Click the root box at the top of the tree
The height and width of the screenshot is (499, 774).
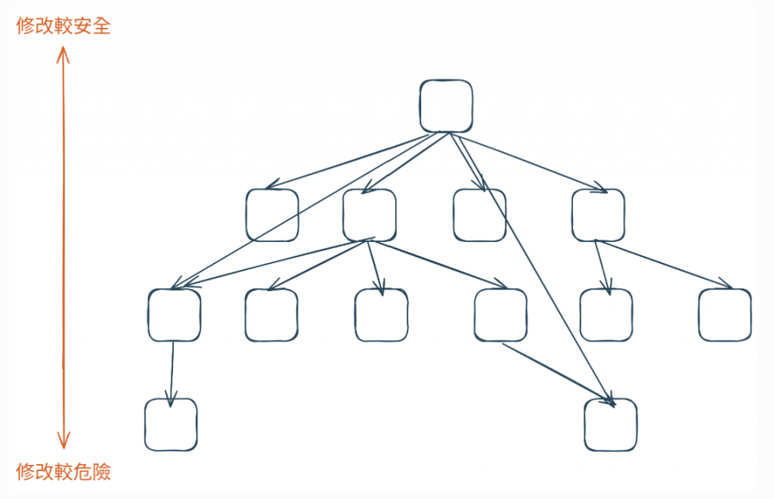[447, 106]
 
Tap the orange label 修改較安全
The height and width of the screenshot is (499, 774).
[63, 26]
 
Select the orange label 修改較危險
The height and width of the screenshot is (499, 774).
[63, 472]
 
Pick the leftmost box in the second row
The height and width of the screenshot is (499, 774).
[272, 215]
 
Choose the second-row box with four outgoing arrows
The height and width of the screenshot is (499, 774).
[369, 215]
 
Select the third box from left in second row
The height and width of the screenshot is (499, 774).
[480, 215]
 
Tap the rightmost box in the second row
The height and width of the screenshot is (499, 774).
[598, 215]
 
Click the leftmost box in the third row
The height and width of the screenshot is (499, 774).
[175, 315]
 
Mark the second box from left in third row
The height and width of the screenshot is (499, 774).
[271, 315]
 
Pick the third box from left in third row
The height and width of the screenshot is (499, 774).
[381, 315]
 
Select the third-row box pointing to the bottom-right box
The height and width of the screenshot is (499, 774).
[500, 315]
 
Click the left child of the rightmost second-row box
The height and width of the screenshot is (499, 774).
[606, 315]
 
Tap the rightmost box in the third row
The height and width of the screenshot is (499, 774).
[725, 315]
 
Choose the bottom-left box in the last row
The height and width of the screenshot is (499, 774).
[171, 424]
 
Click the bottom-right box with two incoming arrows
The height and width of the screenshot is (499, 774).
[611, 424]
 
